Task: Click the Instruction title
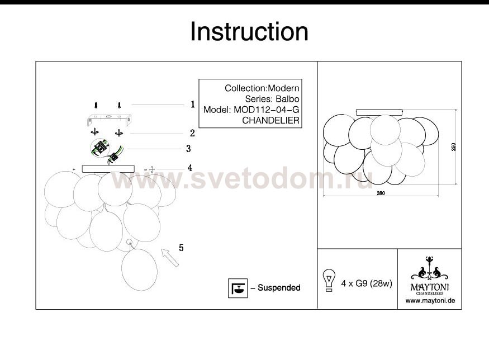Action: coord(249,32)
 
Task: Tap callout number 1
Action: coord(193,105)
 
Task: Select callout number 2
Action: coord(192,133)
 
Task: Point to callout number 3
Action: coord(188,149)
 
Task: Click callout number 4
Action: coord(190,168)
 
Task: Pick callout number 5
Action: coord(181,248)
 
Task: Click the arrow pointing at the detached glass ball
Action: coord(170,258)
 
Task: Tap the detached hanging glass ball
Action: coord(139,269)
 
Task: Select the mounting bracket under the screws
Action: coord(109,120)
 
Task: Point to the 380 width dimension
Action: coord(381,193)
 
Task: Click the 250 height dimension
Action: coord(454,147)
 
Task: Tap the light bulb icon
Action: coord(329,280)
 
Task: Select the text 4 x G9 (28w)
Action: coord(367,283)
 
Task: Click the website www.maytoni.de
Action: coord(430,301)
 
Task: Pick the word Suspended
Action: coord(279,288)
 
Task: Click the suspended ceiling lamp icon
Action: coord(238,288)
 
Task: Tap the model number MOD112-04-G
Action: coord(267,110)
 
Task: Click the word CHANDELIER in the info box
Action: coord(270,120)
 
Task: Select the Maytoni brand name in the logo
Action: coord(430,287)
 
